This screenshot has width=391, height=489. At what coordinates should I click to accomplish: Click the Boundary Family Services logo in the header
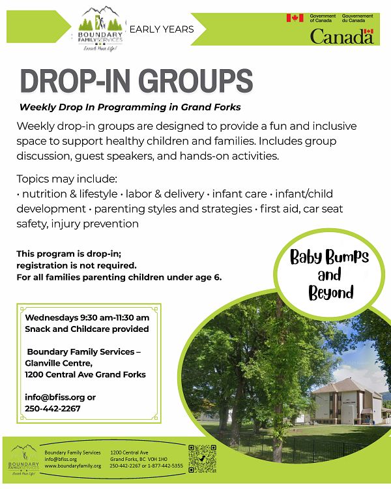pos(100,29)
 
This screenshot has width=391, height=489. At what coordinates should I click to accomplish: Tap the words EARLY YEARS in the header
pos(162,29)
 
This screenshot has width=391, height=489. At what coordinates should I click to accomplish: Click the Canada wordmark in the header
pos(341,36)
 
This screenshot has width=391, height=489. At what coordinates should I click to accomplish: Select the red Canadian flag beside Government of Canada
pos(295,18)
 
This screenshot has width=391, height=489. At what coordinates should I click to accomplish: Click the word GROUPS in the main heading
pos(195,81)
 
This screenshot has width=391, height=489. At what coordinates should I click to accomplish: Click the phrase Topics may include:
pos(66,179)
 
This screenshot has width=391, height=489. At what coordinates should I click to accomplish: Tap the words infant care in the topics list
pos(239,194)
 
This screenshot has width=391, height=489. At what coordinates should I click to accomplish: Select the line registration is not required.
pos(76,266)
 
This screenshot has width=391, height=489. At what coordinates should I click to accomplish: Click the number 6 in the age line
pos(218,277)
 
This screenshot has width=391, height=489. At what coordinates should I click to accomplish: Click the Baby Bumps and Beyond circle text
pos(330,274)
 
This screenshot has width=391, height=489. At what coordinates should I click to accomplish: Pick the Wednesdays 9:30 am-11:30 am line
pos(87,318)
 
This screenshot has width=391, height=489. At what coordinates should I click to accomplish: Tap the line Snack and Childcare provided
pos(87,329)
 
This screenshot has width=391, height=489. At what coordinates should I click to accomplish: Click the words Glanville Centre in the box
pos(58,363)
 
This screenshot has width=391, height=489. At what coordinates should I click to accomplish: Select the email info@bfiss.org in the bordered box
pos(55,398)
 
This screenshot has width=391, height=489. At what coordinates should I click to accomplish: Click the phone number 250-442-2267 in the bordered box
pos(53,409)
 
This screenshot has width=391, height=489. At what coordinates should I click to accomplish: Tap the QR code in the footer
pos(203,459)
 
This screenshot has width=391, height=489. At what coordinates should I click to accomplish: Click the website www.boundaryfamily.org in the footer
pos(73,466)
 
